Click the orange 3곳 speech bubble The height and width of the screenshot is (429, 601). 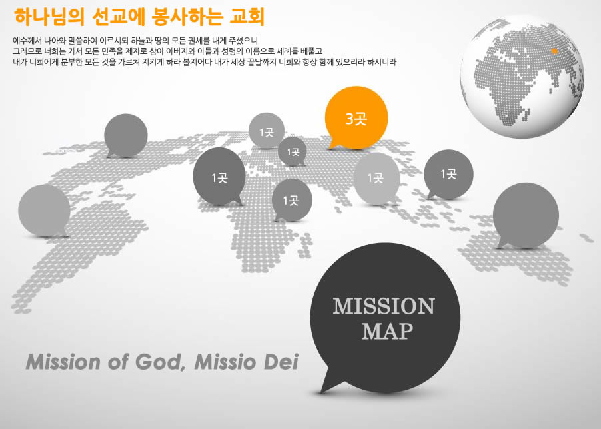click(356, 117)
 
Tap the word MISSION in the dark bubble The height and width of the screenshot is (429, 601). click(384, 306)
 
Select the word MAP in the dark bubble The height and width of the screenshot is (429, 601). click(388, 331)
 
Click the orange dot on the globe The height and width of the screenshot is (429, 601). click(554, 51)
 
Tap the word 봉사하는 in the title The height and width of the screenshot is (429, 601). click(187, 17)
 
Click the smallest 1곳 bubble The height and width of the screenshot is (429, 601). click(293, 152)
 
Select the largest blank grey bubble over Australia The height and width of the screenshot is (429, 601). click(526, 215)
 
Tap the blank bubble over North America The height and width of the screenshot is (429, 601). click(126, 135)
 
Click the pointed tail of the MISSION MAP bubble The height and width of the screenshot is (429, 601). click(321, 392)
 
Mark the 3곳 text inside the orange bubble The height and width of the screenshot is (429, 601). click(356, 119)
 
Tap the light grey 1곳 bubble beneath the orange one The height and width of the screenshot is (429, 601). click(376, 179)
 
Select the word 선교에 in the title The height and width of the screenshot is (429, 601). click(118, 17)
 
